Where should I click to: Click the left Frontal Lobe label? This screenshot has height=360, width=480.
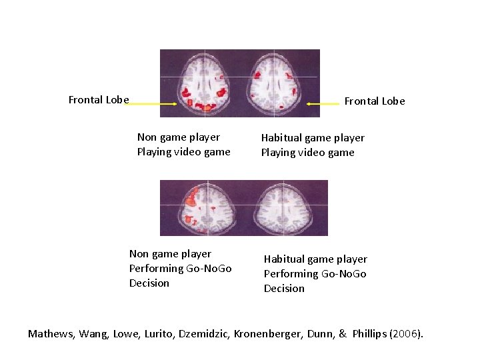click(99, 100)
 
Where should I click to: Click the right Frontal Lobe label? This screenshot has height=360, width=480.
click(374, 101)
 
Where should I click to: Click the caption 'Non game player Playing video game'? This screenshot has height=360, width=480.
click(183, 145)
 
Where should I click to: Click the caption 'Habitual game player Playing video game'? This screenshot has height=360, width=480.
click(313, 145)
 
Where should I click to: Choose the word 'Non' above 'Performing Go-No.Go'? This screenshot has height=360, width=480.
click(139, 254)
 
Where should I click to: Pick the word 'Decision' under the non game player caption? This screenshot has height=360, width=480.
click(149, 283)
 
